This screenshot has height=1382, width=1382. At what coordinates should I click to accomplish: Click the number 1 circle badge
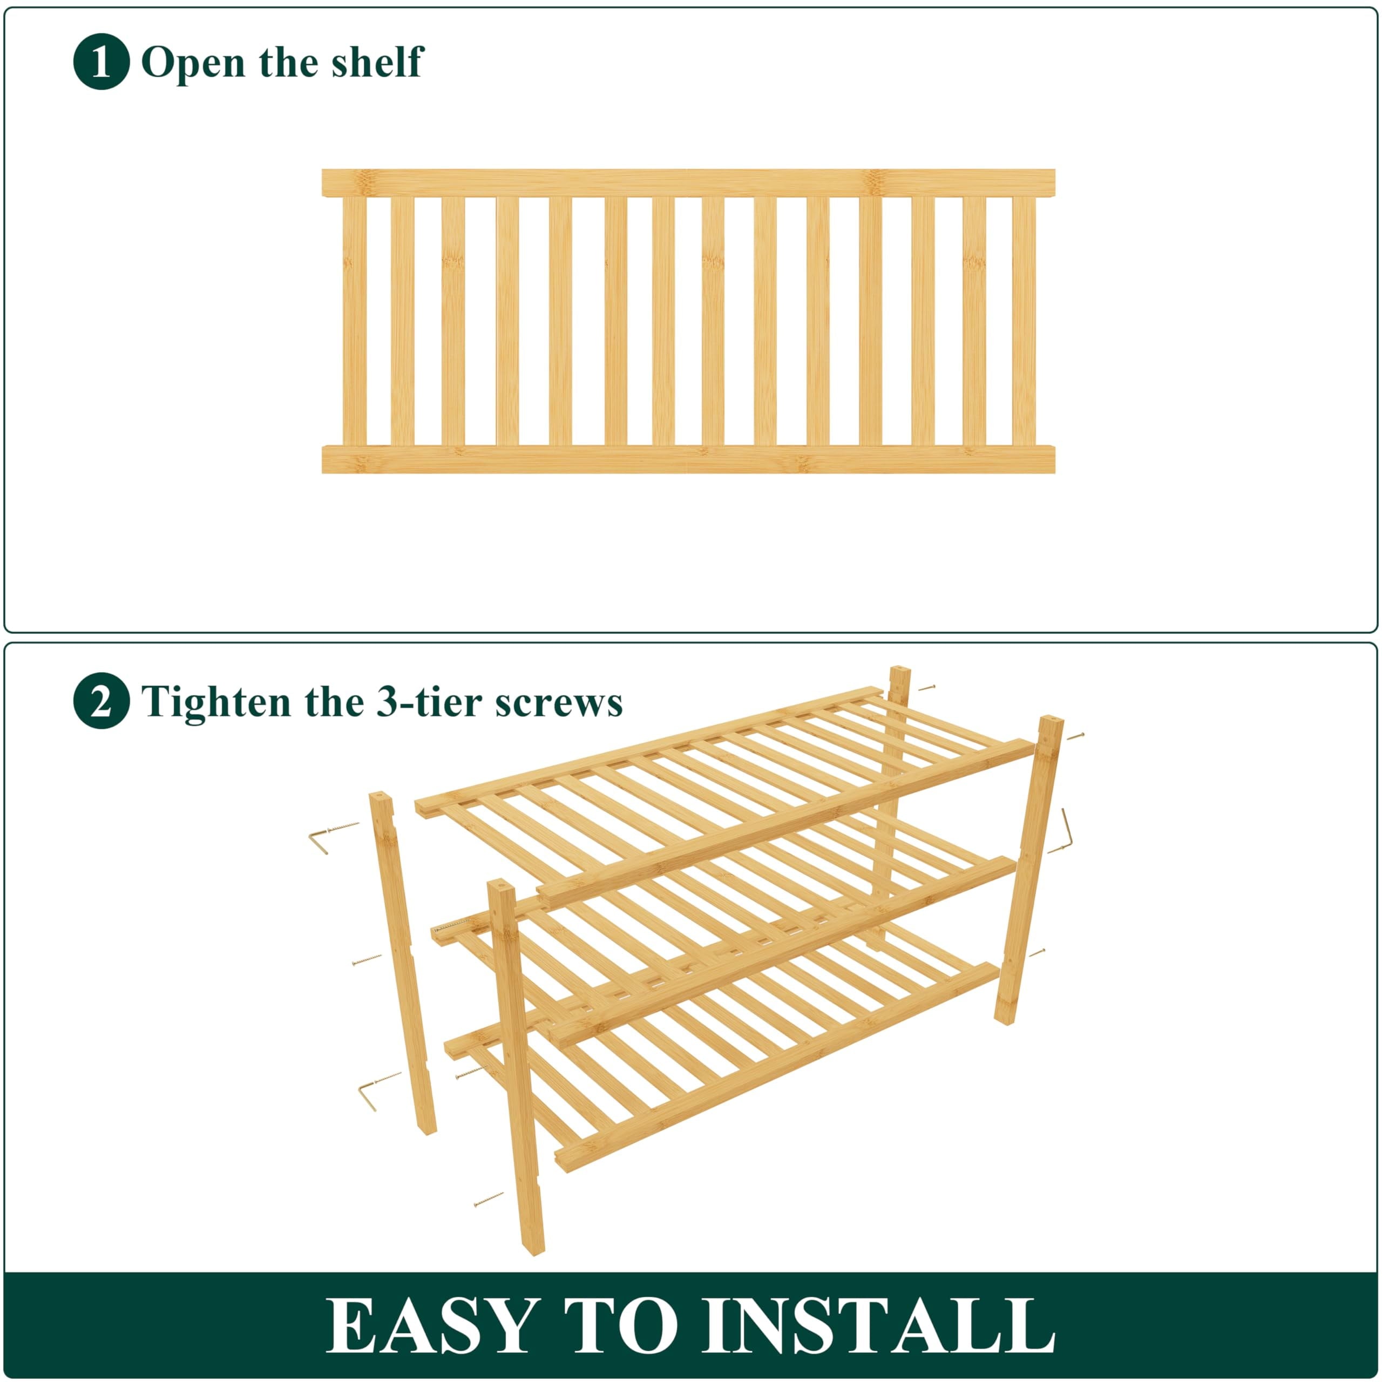(101, 62)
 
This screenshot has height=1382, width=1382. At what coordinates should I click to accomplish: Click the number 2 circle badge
(101, 701)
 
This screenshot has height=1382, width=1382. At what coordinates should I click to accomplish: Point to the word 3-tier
(418, 702)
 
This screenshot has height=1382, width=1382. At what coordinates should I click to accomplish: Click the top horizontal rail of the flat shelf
(688, 182)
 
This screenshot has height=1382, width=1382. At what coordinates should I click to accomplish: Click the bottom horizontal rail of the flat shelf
(688, 459)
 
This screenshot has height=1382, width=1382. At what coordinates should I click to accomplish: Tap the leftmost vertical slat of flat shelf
(354, 321)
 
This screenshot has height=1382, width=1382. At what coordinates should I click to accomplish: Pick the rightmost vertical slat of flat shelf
(1024, 321)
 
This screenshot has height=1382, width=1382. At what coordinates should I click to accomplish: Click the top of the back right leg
(899, 678)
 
